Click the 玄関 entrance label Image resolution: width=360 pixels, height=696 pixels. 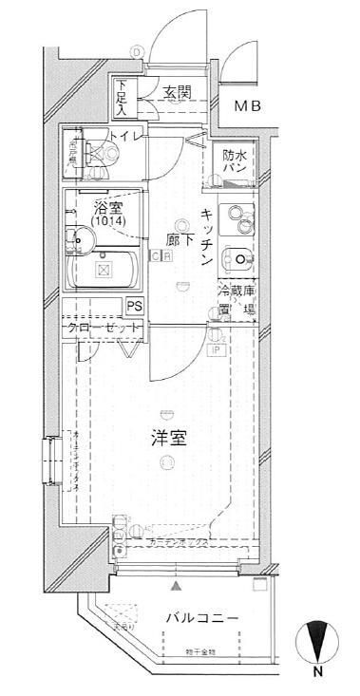point(177,92)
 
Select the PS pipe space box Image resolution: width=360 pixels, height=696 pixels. point(135,305)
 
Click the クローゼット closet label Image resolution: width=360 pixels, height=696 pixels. point(104,328)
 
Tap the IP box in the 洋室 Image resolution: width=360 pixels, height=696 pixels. point(218,348)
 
